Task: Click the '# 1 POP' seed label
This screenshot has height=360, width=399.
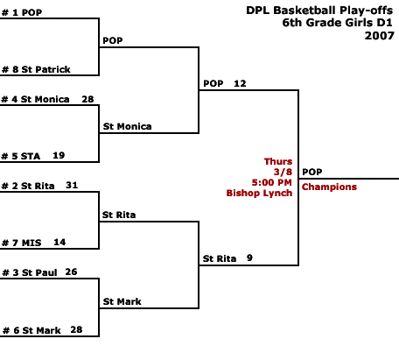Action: click(x=22, y=12)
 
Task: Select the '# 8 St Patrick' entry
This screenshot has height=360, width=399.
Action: click(x=36, y=69)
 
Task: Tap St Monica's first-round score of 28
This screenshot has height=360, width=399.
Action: click(x=87, y=99)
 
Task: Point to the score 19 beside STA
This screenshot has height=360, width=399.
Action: click(x=59, y=155)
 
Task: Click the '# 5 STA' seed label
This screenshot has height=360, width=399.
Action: click(x=21, y=156)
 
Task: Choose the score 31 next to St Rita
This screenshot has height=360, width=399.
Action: click(x=72, y=185)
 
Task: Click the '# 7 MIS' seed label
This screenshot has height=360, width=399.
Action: click(x=22, y=243)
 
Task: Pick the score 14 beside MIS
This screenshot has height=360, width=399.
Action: click(x=59, y=242)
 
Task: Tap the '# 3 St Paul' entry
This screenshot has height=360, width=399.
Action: click(x=30, y=272)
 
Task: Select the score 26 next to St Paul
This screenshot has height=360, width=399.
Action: click(x=71, y=272)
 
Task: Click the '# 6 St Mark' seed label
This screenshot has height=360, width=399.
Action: click(x=31, y=330)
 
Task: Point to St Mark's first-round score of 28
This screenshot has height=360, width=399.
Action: click(x=76, y=329)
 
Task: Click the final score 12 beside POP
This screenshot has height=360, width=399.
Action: click(x=240, y=83)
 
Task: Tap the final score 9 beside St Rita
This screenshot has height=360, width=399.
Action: click(x=249, y=258)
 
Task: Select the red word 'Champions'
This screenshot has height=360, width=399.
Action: click(x=329, y=187)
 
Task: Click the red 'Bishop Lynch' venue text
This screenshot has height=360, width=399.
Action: click(x=259, y=193)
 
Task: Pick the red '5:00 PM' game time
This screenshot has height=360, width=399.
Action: click(x=272, y=182)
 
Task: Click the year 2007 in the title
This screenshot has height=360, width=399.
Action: click(x=380, y=36)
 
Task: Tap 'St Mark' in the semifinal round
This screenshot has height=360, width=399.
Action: click(x=122, y=301)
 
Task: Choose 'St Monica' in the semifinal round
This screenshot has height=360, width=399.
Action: click(x=127, y=126)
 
